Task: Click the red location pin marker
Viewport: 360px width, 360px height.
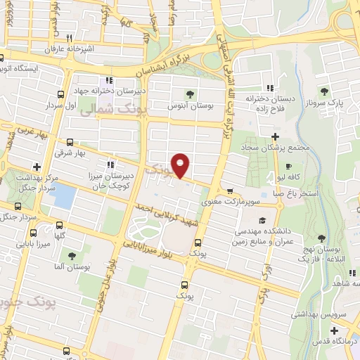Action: coord(181,165)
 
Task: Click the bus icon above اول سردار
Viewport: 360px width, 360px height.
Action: coord(61,93)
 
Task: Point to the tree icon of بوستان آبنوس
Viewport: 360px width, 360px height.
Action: coord(190,94)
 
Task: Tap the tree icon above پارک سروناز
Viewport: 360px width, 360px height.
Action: coord(324,91)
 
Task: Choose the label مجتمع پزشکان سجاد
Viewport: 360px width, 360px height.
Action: coord(274,148)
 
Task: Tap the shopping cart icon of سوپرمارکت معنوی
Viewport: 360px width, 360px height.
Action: coord(230,191)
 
